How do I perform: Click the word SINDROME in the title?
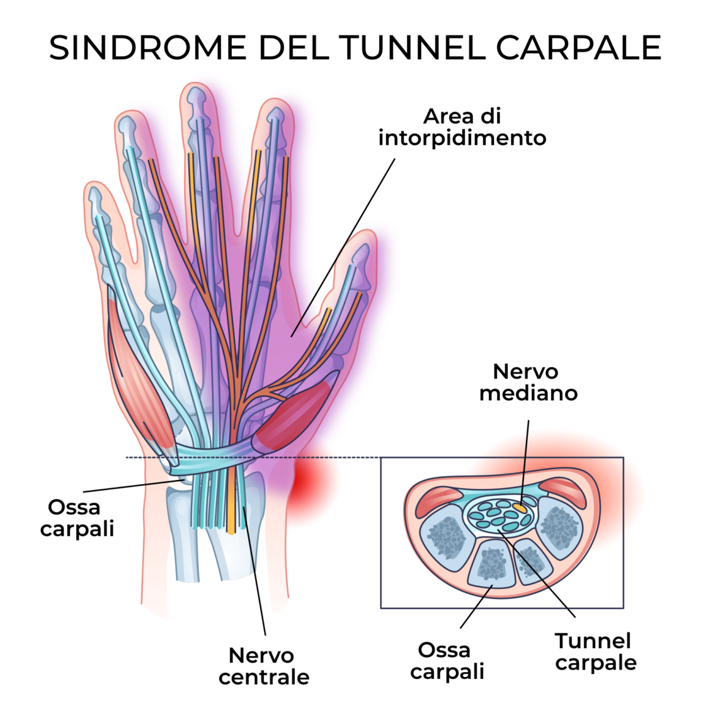tap(147, 48)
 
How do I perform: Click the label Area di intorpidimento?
tap(462, 127)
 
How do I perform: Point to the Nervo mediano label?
tap(528, 382)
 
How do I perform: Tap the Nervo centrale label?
tap(264, 666)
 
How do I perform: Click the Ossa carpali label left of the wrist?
tap(76, 518)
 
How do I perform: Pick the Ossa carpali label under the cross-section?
tap(447, 661)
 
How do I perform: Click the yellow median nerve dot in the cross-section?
tap(520, 506)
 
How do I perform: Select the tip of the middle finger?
tap(197, 95)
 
